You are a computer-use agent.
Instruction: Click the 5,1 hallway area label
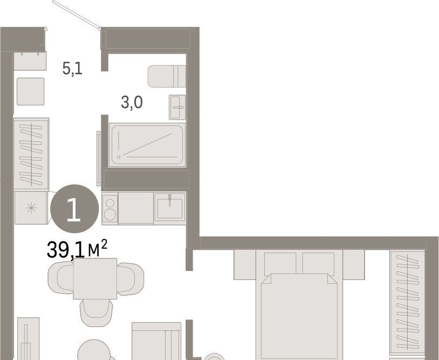[x=72, y=69]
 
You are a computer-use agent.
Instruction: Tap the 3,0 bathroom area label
[x=132, y=102]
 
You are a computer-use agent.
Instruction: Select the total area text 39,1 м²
[x=77, y=249]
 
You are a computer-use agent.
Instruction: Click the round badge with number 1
[x=75, y=209]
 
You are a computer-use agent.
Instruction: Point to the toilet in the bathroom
[x=167, y=76]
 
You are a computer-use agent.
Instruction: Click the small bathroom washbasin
[x=177, y=107]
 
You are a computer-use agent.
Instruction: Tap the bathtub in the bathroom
[x=147, y=145]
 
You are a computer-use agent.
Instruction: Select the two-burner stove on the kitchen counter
[x=110, y=208]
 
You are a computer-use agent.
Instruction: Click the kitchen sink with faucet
[x=170, y=208]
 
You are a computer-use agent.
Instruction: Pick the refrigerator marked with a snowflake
[x=31, y=208]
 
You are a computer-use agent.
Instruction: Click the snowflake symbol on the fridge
[x=31, y=208]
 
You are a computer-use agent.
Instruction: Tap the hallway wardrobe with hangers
[x=31, y=154]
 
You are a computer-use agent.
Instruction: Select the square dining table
[x=95, y=279]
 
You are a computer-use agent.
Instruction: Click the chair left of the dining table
[x=60, y=278]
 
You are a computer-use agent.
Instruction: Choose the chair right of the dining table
[x=131, y=279]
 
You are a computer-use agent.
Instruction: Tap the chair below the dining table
[x=96, y=313]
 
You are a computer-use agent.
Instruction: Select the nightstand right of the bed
[x=354, y=264]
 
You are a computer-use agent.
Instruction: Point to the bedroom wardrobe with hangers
[x=407, y=302]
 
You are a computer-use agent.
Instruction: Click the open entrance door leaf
[x=76, y=15]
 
